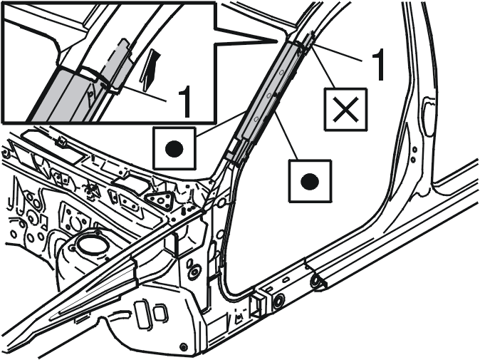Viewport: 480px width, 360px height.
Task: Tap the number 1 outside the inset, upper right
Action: pyautogui.click(x=377, y=66)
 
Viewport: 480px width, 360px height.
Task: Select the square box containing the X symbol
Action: pyautogui.click(x=346, y=109)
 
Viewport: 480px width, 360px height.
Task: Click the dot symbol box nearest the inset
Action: pyautogui.click(x=174, y=148)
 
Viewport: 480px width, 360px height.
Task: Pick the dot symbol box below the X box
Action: pyautogui.click(x=310, y=181)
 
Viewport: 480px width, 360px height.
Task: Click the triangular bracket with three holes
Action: pyautogui.click(x=160, y=200)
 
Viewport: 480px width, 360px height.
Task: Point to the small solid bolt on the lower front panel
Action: pyautogui.click(x=183, y=347)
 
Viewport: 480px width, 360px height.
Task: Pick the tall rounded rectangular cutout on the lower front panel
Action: pyautogui.click(x=142, y=315)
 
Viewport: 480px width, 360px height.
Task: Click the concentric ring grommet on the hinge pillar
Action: pyautogui.click(x=194, y=272)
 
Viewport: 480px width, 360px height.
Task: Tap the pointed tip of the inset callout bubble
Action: pyautogui.click(x=277, y=41)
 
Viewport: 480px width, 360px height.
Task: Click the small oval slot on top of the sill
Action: pyautogui.click(x=286, y=279)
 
